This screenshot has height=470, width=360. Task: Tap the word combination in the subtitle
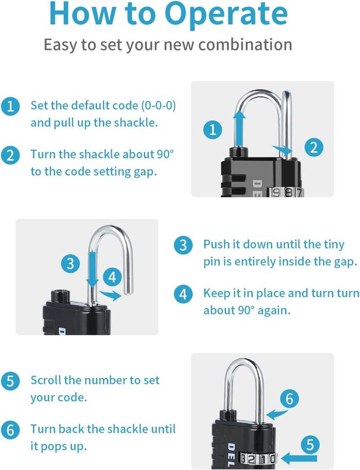245,45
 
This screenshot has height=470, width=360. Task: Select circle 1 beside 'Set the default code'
10,106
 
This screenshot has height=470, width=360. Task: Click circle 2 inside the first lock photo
314,147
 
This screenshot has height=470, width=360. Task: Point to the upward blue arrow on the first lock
239,128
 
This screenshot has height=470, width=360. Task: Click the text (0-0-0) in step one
158,105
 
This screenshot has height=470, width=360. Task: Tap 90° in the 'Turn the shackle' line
165,154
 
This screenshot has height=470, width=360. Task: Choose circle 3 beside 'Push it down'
183,245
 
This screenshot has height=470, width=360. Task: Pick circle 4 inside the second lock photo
112,277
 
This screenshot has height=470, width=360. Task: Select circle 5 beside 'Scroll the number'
10,381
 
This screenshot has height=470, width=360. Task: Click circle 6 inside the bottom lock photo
289,399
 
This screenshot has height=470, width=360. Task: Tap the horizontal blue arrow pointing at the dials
299,458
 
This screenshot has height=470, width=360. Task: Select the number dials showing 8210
258,459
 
